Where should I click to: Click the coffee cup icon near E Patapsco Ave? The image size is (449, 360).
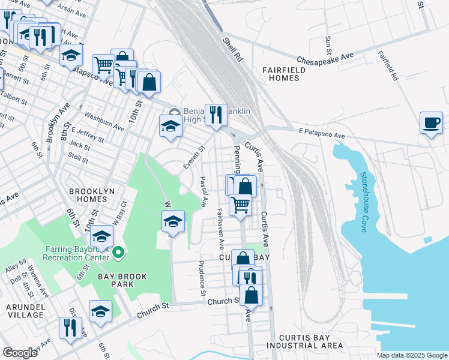coord(431,123)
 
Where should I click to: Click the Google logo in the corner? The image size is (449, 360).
coord(19,352)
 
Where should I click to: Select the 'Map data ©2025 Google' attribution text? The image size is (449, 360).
coord(412,355)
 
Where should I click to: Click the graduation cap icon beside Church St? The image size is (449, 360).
coord(101,311)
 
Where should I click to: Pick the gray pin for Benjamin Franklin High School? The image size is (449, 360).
coord(174,112)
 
